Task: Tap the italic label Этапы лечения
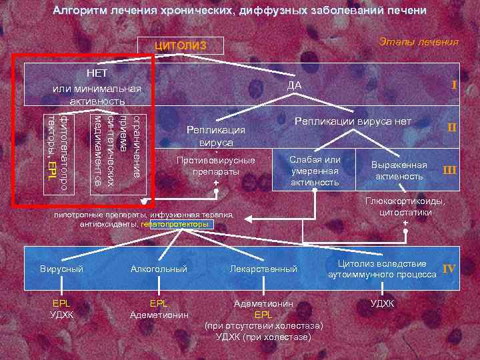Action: click(x=419, y=42)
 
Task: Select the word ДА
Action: click(x=294, y=85)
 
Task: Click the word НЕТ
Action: click(x=97, y=72)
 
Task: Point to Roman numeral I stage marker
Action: click(x=453, y=85)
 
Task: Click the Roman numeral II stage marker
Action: click(x=451, y=127)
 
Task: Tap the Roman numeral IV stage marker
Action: click(x=449, y=269)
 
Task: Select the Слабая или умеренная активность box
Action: click(x=315, y=171)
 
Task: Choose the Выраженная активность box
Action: click(x=399, y=171)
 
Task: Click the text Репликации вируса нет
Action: click(x=353, y=121)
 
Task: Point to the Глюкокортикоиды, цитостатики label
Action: click(x=405, y=207)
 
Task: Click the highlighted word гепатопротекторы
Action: click(x=178, y=225)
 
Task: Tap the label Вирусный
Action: click(x=61, y=269)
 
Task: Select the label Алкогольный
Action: click(x=159, y=269)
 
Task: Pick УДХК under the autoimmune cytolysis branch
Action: click(x=382, y=303)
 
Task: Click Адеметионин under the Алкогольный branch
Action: click(x=159, y=315)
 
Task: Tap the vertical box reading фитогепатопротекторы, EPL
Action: click(x=56, y=151)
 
